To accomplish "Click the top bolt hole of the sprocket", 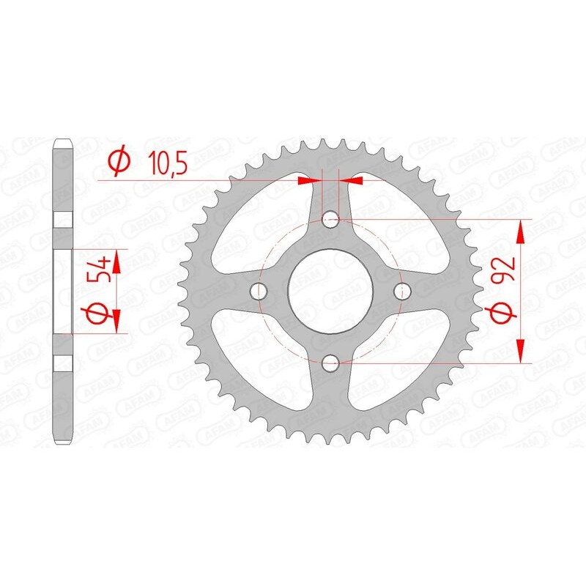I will coord(330,219).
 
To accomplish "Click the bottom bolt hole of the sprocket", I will coord(330,362).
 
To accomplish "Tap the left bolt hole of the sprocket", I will coord(259,291).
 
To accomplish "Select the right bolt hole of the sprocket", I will coord(401,291).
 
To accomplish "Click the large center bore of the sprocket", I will coord(330,291).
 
